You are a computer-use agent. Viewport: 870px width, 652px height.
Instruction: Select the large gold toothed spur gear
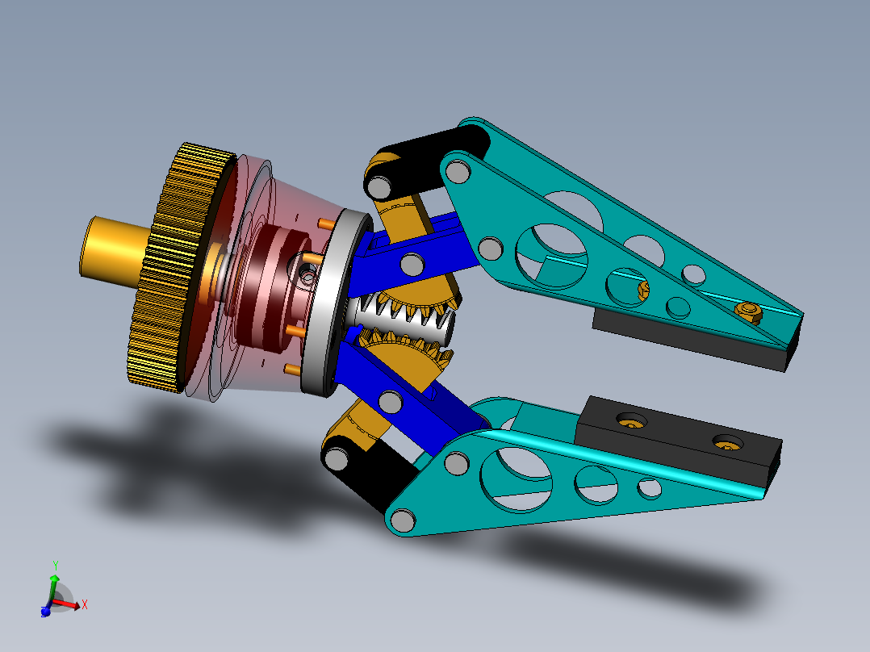pos(174,266)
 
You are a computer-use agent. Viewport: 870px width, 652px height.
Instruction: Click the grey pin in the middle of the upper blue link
pos(412,264)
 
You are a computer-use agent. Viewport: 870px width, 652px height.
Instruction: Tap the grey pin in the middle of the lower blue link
pos(390,402)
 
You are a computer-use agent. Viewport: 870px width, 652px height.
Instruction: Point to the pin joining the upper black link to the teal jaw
pos(457,172)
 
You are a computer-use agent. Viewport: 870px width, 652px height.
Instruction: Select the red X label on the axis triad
pos(84,604)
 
